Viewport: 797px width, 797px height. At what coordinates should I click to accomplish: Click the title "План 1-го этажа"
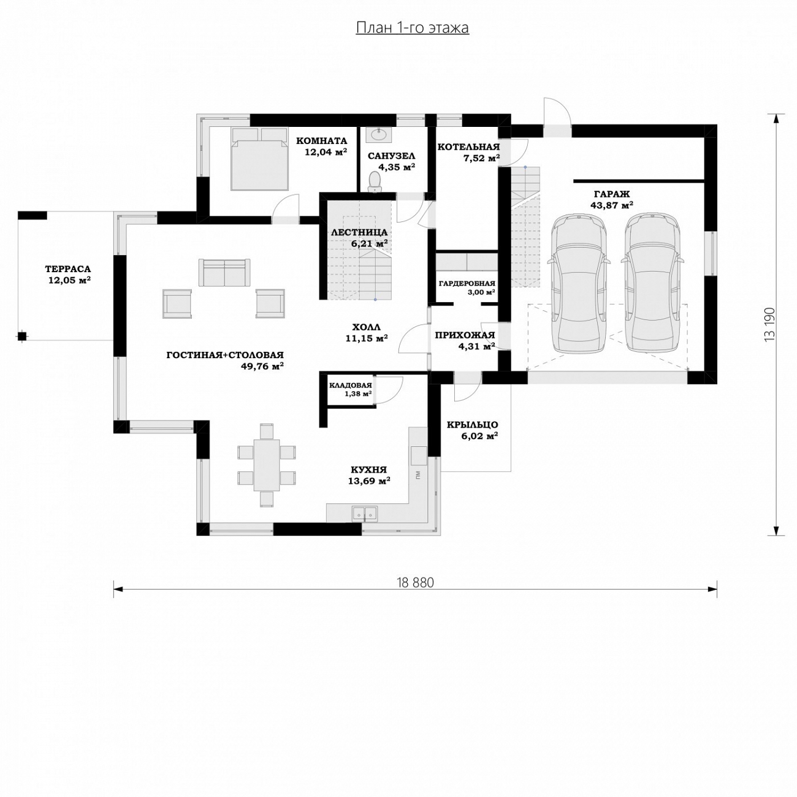(x=412, y=28)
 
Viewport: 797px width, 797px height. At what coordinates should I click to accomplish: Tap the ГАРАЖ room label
(x=612, y=194)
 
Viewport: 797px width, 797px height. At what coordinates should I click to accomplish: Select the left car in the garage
(x=579, y=283)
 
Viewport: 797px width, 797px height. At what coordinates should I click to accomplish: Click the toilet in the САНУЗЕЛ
(x=375, y=182)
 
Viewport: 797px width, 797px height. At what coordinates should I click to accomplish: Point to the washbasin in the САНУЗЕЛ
(x=379, y=134)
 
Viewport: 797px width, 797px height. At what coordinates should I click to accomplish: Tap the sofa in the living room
(x=224, y=273)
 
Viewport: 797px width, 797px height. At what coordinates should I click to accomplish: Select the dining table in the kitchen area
(x=266, y=465)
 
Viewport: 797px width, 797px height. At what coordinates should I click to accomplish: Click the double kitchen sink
(x=364, y=513)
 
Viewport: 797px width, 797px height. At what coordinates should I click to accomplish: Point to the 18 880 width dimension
(x=415, y=583)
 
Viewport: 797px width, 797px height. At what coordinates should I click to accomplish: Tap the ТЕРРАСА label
(x=68, y=270)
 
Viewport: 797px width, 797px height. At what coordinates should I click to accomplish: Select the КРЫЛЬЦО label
(x=472, y=425)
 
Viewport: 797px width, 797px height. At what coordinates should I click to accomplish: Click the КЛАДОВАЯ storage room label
(x=350, y=386)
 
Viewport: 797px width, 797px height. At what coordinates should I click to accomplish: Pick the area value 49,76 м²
(x=262, y=365)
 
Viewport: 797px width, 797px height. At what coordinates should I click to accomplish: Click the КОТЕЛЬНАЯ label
(x=468, y=147)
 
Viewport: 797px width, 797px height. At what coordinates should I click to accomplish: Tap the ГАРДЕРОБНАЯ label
(x=467, y=283)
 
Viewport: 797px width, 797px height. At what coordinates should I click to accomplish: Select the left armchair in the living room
(x=177, y=304)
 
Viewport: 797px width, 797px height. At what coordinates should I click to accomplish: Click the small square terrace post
(x=22, y=336)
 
